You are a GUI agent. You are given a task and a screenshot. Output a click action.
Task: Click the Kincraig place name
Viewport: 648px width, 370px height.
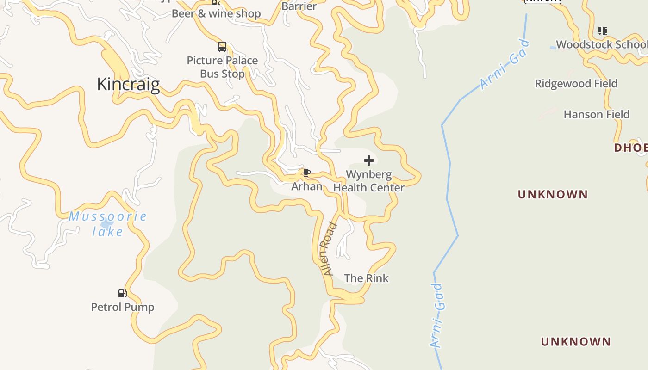[x=128, y=85]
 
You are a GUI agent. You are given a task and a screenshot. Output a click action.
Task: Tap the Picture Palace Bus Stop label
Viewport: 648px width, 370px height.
[x=222, y=67]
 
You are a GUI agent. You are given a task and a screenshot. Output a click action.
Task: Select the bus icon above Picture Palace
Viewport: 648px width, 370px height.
[x=222, y=46]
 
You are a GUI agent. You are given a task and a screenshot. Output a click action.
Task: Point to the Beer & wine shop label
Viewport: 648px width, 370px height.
[x=216, y=13]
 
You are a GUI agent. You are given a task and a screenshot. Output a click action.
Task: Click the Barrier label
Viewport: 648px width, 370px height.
[x=299, y=6]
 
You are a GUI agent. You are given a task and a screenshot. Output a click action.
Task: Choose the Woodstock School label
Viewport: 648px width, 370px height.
[x=601, y=44]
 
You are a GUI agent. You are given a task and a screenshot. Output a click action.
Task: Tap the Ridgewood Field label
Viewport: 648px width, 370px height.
[x=576, y=84]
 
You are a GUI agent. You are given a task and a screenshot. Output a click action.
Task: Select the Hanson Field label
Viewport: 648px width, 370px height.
[x=596, y=114]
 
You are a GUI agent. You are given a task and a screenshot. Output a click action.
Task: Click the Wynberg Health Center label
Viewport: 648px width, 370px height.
[x=369, y=181]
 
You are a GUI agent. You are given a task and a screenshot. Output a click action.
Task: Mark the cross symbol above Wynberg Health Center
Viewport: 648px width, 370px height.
[x=369, y=160]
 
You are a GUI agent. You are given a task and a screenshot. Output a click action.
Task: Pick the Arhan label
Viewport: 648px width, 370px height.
[x=306, y=186]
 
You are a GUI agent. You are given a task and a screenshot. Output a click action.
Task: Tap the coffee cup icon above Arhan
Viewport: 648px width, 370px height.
[x=306, y=173]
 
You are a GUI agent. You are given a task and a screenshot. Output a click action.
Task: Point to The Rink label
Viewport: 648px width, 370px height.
[x=366, y=278]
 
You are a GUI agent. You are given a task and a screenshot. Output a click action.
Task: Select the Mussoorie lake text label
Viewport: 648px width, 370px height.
[x=107, y=223]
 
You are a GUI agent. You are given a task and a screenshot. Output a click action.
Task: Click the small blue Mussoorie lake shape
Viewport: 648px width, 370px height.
[x=107, y=225]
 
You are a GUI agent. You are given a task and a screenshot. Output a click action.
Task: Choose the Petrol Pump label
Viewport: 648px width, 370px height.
[x=122, y=307]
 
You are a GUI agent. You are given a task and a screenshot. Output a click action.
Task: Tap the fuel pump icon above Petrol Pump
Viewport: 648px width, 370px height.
[x=122, y=293]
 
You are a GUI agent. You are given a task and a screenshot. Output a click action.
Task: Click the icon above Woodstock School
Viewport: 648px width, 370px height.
[x=602, y=31]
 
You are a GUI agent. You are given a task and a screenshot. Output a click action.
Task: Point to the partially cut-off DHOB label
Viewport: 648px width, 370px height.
[x=630, y=148]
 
